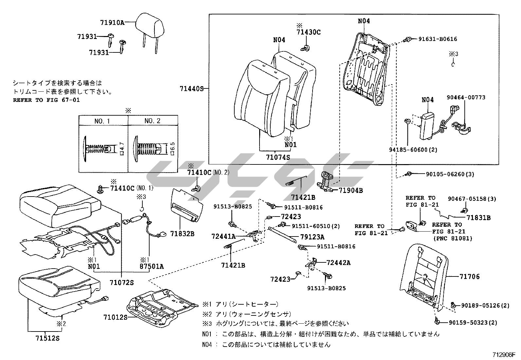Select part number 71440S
[x=191, y=88]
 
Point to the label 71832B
[x=182, y=234]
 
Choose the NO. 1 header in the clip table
[x=102, y=121]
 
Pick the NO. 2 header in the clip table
[x=152, y=121]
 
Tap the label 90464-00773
[x=466, y=98]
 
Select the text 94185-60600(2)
[x=413, y=150]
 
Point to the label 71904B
[x=350, y=190]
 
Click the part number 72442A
[x=338, y=262]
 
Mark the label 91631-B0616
[x=438, y=39]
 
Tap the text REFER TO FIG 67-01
[x=46, y=100]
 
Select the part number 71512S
[x=48, y=338]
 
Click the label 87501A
[x=152, y=266]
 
